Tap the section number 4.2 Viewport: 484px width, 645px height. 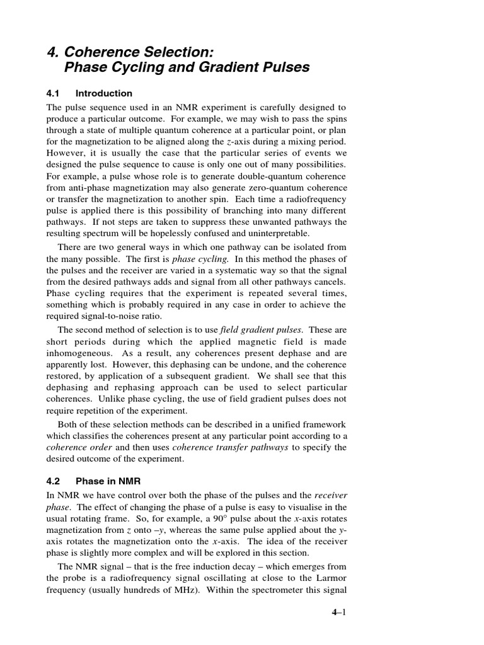(x=57, y=480)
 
